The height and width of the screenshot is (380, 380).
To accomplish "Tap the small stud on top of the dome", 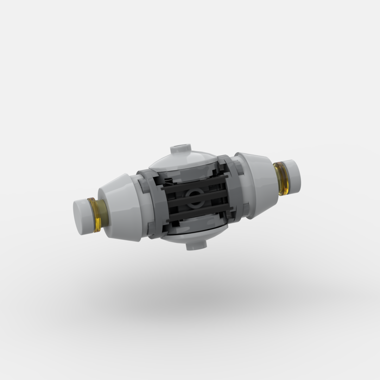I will [x=180, y=149].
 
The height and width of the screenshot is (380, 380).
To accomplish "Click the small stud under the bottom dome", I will [x=196, y=245].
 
